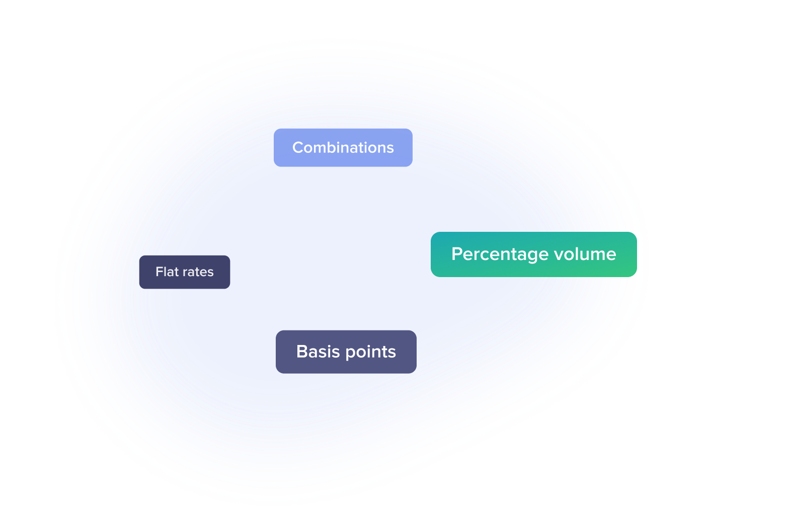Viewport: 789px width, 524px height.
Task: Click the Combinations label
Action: [343, 147]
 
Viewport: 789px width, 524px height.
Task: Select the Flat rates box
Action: [185, 272]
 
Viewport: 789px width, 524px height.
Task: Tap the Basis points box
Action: [346, 352]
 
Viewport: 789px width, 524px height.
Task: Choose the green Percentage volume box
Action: [533, 254]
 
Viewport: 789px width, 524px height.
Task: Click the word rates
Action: [198, 272]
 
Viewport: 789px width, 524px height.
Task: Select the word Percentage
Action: [500, 254]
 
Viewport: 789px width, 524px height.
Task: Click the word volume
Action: [585, 254]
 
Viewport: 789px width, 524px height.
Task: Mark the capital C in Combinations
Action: [297, 147]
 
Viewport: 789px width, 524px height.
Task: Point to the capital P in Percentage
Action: [456, 254]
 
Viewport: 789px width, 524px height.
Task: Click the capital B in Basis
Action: [301, 352]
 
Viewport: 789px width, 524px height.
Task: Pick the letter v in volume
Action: [558, 255]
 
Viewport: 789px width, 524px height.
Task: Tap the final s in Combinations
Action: [390, 148]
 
